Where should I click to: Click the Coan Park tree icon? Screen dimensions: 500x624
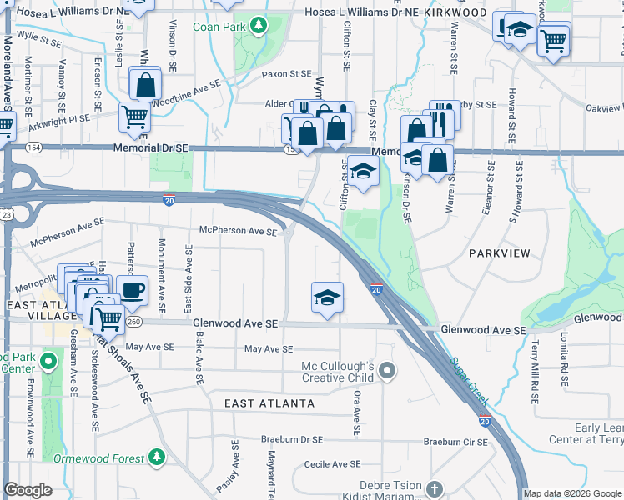(259, 26)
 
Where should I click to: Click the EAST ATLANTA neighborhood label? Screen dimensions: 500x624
(269, 403)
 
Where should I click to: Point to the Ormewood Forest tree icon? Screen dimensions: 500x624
(156, 457)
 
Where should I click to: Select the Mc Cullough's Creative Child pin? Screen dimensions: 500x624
(386, 370)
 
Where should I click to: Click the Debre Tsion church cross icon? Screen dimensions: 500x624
(433, 487)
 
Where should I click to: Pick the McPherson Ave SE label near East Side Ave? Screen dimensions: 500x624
(238, 232)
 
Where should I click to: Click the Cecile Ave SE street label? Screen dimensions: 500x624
(332, 463)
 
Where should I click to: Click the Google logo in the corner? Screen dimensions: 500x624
(28, 490)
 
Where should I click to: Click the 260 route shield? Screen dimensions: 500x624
(133, 322)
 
